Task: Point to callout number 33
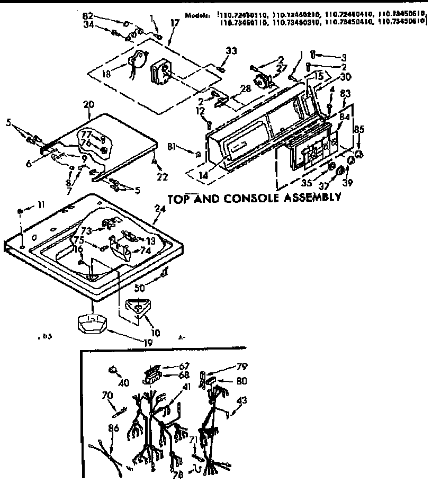pyautogui.click(x=231, y=50)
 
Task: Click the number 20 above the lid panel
pyautogui.click(x=88, y=105)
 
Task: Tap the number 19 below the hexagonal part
pyautogui.click(x=147, y=342)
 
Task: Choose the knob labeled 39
pyautogui.click(x=340, y=171)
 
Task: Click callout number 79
pyautogui.click(x=241, y=366)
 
